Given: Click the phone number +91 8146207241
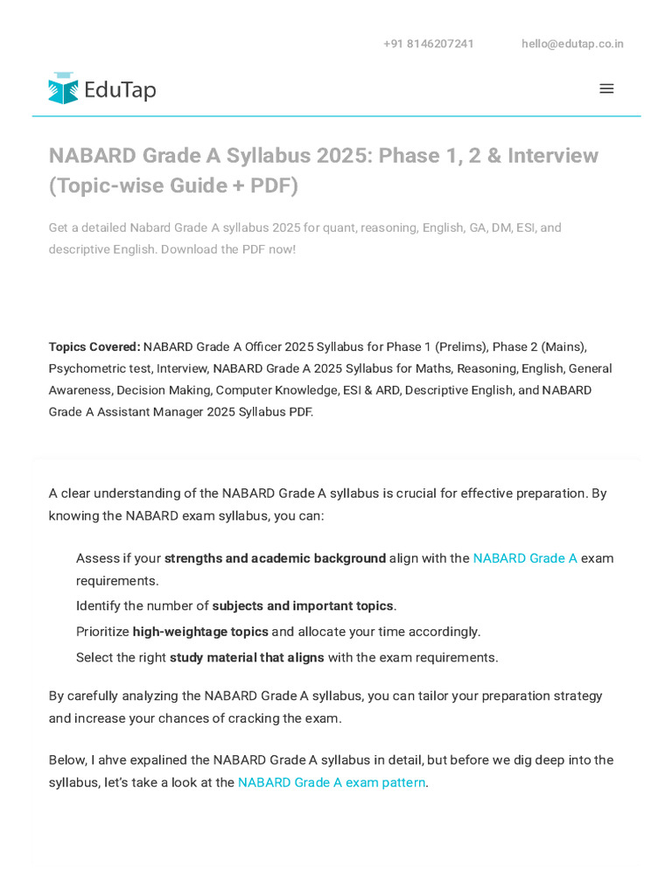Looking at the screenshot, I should coord(428,44).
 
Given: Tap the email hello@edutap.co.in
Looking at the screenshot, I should coord(572,44).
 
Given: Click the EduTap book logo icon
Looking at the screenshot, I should coord(63,88).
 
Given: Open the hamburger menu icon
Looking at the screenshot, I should coord(606,88).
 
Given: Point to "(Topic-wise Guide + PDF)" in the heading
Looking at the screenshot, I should coord(173,185).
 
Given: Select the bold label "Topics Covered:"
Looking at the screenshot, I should coord(94,346).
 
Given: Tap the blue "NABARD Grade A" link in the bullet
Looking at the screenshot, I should coord(525,558).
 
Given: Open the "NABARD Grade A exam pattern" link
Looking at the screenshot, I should coord(332,782).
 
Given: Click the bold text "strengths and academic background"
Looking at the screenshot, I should coord(275,558).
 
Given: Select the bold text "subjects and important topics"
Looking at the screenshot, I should coord(303,605).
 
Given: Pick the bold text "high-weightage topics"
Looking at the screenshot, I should coord(200,631).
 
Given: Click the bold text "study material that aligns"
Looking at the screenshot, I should coord(247,657).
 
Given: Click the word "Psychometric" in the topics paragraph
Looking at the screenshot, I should coord(85,368).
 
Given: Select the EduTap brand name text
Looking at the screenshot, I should coord(120,89).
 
